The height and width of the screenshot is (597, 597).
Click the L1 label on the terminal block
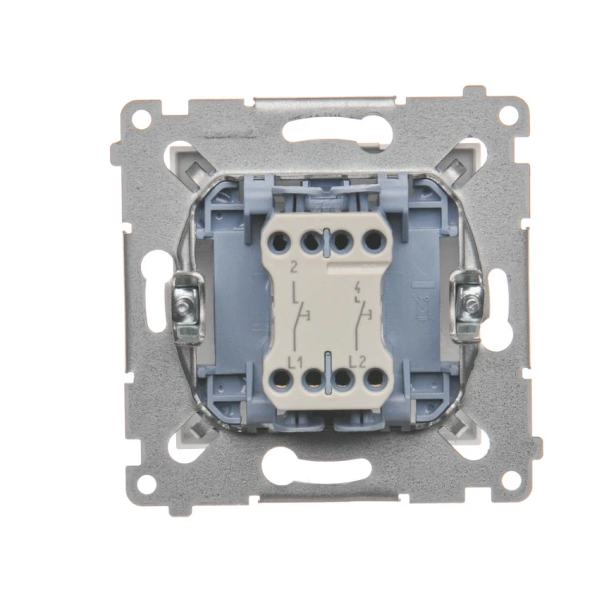coord(295,363)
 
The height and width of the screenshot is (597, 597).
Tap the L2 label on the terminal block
coord(357,362)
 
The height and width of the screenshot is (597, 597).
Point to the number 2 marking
coord(294,267)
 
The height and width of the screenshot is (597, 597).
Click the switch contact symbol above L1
coord(302,315)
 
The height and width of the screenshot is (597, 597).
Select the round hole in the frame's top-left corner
coord(142,119)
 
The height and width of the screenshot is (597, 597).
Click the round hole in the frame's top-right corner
coord(509,115)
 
